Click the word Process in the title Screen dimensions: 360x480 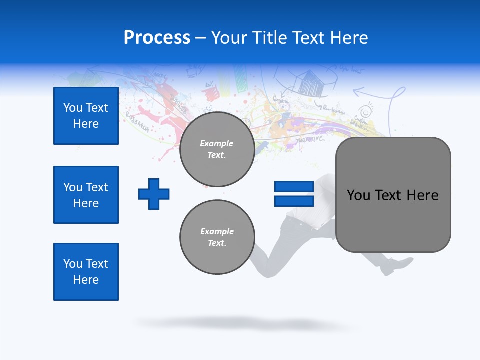[157, 38]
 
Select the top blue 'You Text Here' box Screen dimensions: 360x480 [86, 116]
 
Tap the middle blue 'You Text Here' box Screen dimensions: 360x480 [86, 195]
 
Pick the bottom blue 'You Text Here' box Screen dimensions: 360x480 [86, 272]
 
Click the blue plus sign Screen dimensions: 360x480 [154, 193]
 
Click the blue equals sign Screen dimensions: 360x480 [294, 194]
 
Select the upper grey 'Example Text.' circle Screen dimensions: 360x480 [217, 149]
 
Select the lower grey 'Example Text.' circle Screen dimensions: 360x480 [217, 237]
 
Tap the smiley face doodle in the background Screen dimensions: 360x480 [365, 111]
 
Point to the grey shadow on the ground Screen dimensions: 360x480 [245, 323]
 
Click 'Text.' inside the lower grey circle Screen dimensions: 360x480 [217, 243]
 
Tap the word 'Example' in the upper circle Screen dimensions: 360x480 [217, 143]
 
